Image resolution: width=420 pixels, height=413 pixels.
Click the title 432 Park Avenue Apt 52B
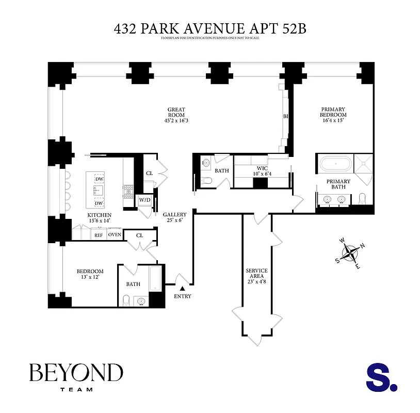click(x=210, y=28)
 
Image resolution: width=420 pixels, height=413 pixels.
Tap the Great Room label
click(x=176, y=115)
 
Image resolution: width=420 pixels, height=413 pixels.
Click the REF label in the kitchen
click(x=98, y=235)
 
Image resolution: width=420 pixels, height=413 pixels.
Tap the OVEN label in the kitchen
click(x=115, y=235)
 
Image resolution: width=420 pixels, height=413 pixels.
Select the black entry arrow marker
click(x=182, y=289)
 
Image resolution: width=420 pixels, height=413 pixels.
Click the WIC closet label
click(x=261, y=171)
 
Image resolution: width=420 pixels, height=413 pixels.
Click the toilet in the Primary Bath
click(x=362, y=198)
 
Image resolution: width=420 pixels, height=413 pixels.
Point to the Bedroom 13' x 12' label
click(x=90, y=274)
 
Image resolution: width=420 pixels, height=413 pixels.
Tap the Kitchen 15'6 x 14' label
click(x=100, y=217)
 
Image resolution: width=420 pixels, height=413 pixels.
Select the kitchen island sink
click(x=99, y=190)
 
